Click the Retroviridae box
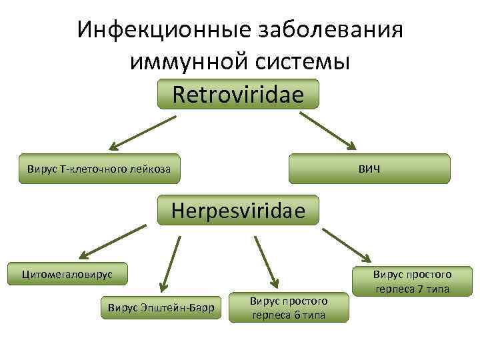point(238,94)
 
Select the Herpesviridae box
point(238,210)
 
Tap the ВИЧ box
point(369,168)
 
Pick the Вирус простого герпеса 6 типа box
point(289,307)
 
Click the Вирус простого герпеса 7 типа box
point(411,281)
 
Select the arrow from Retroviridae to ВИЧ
point(328,131)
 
